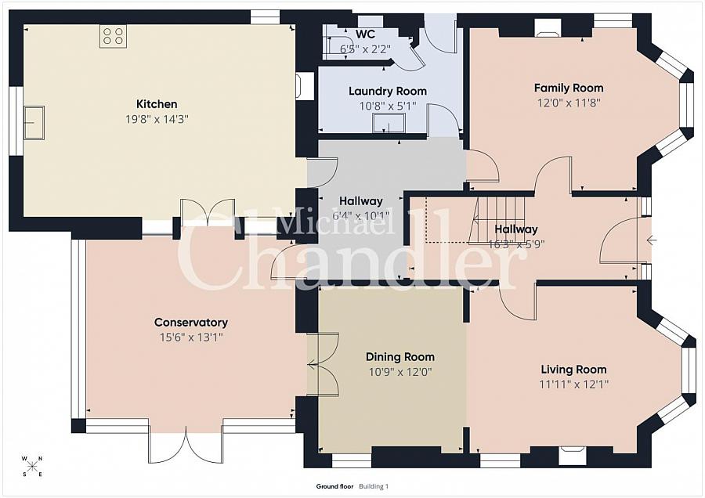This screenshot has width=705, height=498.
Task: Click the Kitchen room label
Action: (157, 104)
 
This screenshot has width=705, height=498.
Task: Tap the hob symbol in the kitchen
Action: (113, 36)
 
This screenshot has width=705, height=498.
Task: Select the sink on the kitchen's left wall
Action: (34, 122)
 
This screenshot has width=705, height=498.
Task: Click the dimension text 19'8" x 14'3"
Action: (157, 119)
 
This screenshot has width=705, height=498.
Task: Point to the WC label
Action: (365, 34)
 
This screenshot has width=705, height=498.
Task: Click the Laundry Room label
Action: (388, 92)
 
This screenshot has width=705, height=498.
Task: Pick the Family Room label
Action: (569, 88)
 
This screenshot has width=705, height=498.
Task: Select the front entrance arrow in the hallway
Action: (652, 240)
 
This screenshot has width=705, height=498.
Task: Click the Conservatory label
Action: (191, 323)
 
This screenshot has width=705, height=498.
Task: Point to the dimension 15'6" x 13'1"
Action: (191, 337)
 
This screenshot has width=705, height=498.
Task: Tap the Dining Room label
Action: (400, 357)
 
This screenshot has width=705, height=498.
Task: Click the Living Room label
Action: (573, 370)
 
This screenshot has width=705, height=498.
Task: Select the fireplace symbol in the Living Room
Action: (573, 454)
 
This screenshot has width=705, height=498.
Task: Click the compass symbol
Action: (32, 466)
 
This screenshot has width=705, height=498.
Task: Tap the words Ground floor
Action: (334, 486)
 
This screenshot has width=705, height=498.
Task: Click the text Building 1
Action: (374, 486)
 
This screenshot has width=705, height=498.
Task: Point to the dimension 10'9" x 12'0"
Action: (400, 372)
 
